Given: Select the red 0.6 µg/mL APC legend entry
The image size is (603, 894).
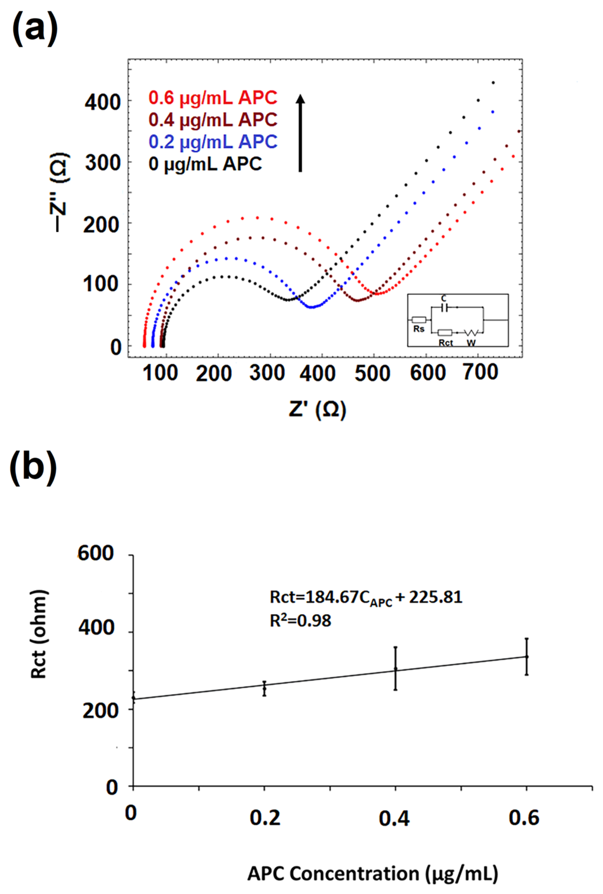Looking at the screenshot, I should click(213, 98).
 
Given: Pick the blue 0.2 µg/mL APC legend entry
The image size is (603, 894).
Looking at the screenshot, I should click(213, 142).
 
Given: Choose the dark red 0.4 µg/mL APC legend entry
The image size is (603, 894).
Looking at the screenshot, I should click(213, 120).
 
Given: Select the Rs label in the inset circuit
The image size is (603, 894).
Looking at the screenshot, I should click(419, 329).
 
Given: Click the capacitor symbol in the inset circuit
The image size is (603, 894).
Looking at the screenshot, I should click(444, 307).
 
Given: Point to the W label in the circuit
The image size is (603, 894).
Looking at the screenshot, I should click(471, 342).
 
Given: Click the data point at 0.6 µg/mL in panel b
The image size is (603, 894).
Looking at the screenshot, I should click(526, 657).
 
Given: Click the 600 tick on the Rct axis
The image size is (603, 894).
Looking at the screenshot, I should click(96, 554).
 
